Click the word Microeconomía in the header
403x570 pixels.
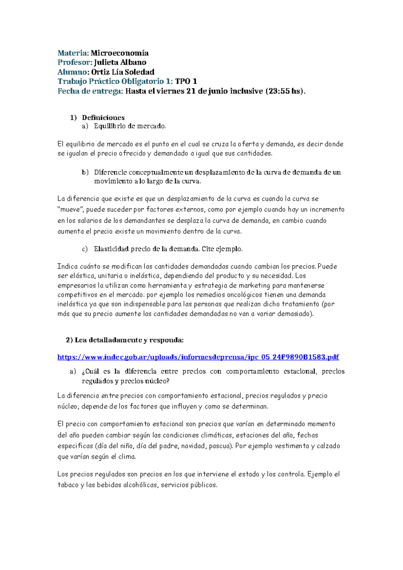coord(120,53)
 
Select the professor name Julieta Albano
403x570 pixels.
coord(120,62)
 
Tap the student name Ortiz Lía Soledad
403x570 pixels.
coord(123,72)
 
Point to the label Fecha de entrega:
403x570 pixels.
coord(90,91)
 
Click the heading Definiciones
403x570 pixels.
coord(103,118)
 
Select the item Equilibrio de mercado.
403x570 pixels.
coord(130,126)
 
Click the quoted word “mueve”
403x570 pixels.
coord(71,209)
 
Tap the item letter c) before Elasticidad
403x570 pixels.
coord(85,249)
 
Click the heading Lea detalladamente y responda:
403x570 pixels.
coord(129,340)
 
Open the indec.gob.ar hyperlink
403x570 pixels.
coord(198,357)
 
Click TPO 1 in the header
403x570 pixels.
coord(186,81)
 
